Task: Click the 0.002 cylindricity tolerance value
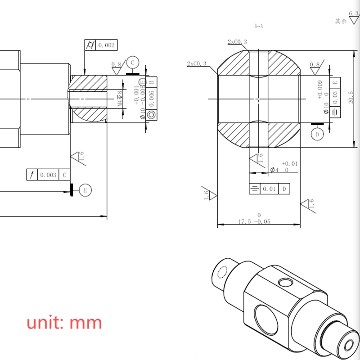click(107, 45)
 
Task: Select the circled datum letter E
click(85, 190)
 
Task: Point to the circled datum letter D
click(317, 134)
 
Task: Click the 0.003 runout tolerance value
click(48, 175)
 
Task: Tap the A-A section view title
click(258, 27)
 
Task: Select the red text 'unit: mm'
click(64, 323)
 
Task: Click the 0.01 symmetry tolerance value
click(270, 189)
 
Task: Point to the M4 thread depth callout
click(120, 99)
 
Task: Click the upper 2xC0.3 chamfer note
click(237, 42)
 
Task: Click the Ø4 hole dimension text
click(274, 170)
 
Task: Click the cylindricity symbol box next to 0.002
click(90, 45)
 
